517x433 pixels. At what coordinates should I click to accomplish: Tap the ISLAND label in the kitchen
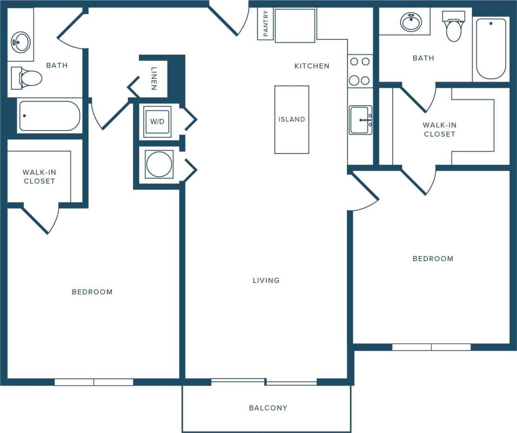[292, 119]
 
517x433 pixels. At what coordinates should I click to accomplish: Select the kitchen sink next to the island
[360, 120]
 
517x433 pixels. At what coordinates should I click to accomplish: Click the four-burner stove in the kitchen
[360, 71]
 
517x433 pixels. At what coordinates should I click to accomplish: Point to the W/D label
[157, 121]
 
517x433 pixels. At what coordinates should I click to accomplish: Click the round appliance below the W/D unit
[159, 164]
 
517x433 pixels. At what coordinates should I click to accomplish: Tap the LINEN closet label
[154, 78]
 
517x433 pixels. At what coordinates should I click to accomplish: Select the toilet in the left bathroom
[28, 78]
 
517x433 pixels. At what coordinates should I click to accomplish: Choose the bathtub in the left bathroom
[49, 116]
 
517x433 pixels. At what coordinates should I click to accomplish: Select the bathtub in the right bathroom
[491, 48]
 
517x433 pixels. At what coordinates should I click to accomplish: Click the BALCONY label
[268, 408]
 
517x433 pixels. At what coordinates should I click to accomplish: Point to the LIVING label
[266, 280]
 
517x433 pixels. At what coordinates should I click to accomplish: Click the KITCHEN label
[312, 66]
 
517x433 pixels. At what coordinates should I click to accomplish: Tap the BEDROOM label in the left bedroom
[92, 292]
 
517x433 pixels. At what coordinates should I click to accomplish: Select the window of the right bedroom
[431, 347]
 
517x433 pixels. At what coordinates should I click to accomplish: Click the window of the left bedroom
[94, 382]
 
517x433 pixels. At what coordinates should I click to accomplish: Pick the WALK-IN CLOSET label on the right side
[439, 129]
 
